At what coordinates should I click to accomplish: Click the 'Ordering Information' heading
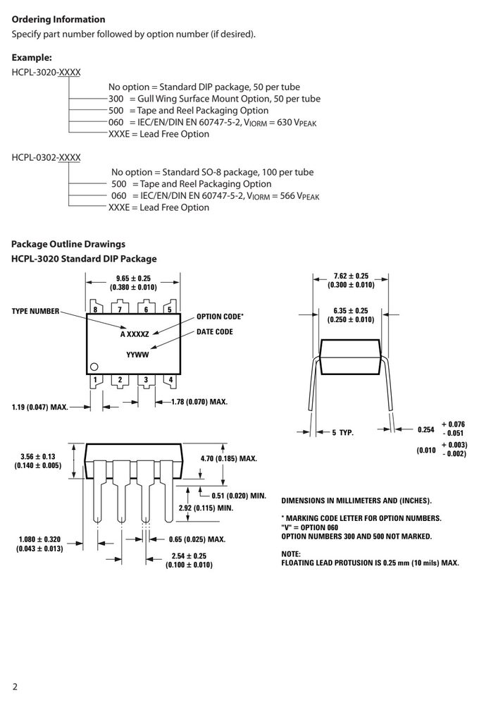tap(58, 19)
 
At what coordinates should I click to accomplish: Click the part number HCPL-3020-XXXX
tap(46, 73)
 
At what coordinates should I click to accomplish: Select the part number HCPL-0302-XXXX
tap(46, 157)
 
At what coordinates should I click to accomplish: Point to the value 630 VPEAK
tap(297, 122)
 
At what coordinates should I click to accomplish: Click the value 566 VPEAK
tap(299, 196)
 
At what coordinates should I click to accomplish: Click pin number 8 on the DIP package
tap(95, 309)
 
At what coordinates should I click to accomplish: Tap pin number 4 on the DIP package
tap(170, 379)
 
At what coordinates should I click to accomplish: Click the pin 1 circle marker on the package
tap(94, 367)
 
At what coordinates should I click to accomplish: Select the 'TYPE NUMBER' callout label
tap(35, 311)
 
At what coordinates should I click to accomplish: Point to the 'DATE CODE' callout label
tap(215, 332)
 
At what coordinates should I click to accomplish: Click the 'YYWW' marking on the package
tap(137, 355)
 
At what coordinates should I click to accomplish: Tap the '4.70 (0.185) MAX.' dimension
tap(229, 459)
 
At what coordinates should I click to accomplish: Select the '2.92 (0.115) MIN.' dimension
tap(206, 508)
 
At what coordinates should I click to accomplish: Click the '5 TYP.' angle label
tap(343, 433)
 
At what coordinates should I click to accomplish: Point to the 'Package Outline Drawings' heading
tap(68, 244)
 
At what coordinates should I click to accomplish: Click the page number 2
tap(15, 687)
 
